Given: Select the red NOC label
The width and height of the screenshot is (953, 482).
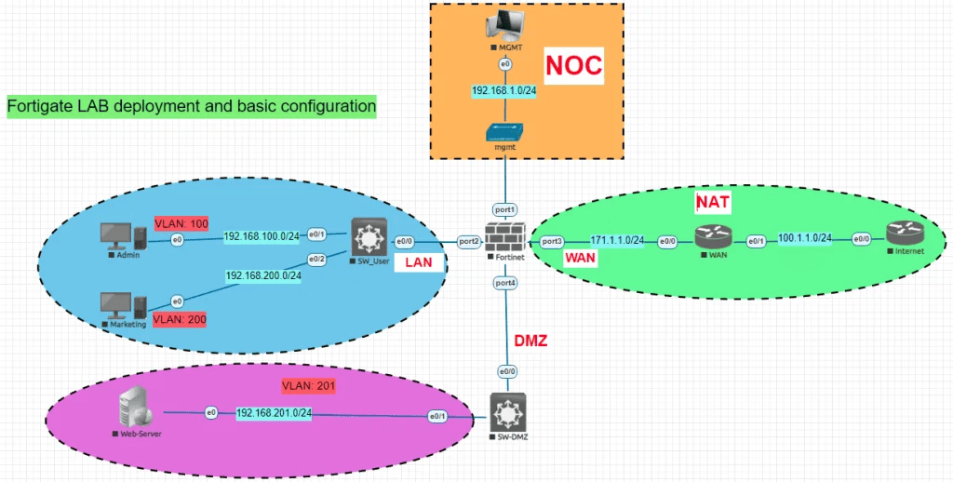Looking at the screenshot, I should coord(574,65).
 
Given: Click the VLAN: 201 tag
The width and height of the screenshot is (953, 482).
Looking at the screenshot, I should coord(307,385).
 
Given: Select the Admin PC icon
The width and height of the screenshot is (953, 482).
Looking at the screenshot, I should coord(120,236).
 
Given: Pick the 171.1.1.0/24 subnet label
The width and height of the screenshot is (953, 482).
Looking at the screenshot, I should coord(618,240).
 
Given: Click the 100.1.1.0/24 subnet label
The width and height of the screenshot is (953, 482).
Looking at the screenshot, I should coord(805,237).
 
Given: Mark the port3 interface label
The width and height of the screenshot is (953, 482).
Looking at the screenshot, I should coord(552,241).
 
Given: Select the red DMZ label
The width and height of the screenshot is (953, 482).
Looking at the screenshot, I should coord(530,341).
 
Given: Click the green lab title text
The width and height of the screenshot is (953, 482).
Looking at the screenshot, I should coord(192,107).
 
